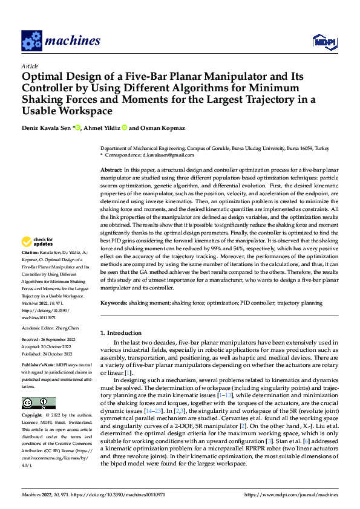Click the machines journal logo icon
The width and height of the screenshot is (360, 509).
(31, 41)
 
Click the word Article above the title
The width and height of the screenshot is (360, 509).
(30, 66)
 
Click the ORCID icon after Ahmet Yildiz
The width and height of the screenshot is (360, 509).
(125, 128)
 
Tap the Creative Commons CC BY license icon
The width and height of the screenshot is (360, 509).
(38, 403)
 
